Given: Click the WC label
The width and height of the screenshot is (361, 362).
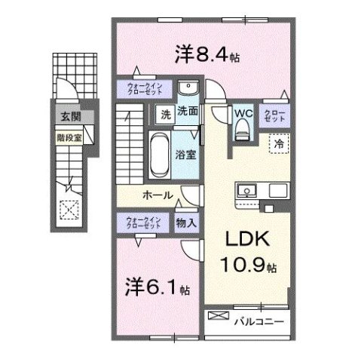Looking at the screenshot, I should (242, 115).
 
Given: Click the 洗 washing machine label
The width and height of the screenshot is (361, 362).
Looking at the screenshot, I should (164, 115).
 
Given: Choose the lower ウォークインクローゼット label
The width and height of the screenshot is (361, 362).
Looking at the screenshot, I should (140, 222).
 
